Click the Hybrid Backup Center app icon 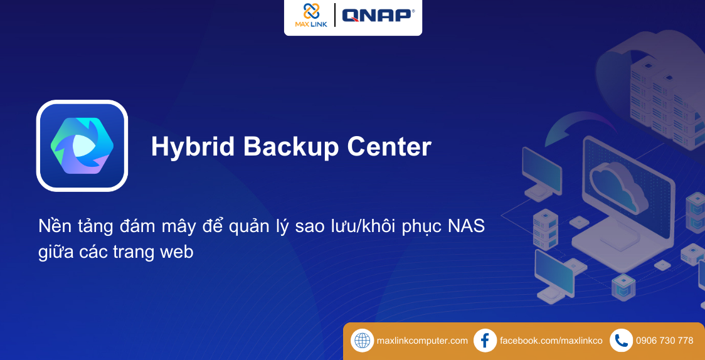82,146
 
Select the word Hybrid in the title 191,147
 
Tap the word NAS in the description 466,226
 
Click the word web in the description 177,252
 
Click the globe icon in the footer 363,341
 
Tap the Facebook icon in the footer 485,341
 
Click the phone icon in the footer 621,341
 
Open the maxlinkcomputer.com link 422,341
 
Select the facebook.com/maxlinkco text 551,341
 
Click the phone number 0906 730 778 664,341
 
